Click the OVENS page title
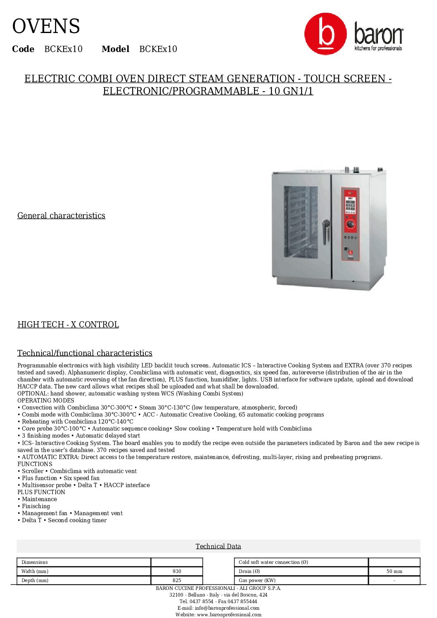(x=46, y=26)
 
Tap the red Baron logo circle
(x=325, y=34)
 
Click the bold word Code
(x=23, y=49)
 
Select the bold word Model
(x=115, y=49)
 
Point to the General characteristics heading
(x=61, y=215)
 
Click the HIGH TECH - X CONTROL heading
(x=68, y=324)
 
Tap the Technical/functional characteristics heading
(x=85, y=353)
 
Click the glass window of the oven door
(x=301, y=221)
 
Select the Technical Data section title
(x=218, y=546)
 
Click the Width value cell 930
(x=177, y=571)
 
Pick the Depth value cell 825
(x=177, y=580)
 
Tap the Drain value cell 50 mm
(x=394, y=571)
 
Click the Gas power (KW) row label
(x=257, y=580)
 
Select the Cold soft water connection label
(x=273, y=562)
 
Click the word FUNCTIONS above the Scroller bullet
(x=35, y=464)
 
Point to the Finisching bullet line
(x=36, y=506)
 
